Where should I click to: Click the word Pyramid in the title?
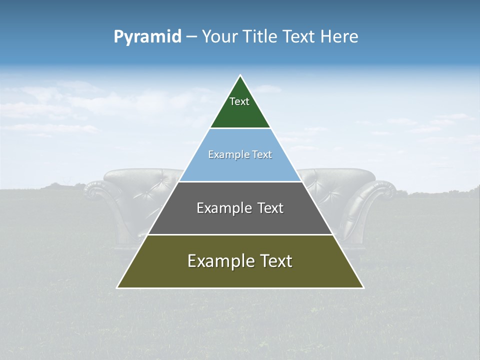[147, 37]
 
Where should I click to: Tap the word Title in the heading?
[261, 37]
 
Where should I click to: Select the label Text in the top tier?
[239, 101]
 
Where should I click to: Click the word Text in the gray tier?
[267, 208]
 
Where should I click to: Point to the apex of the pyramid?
[240, 76]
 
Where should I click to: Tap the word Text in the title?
[299, 37]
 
